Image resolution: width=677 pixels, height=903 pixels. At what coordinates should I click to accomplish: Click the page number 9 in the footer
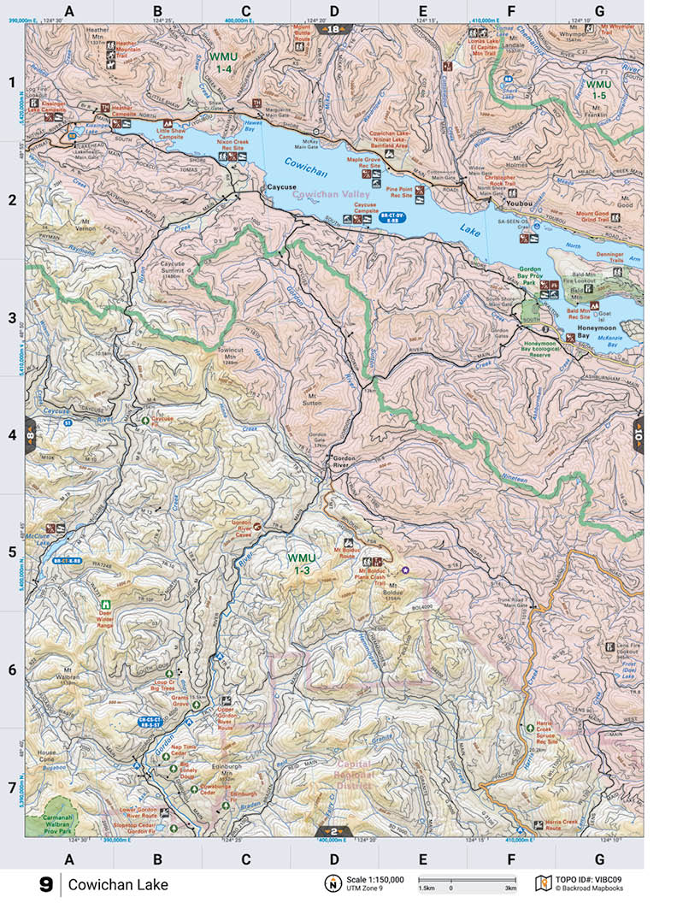tap(45, 885)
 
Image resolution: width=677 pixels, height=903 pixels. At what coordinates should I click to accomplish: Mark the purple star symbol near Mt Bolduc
tap(406, 570)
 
